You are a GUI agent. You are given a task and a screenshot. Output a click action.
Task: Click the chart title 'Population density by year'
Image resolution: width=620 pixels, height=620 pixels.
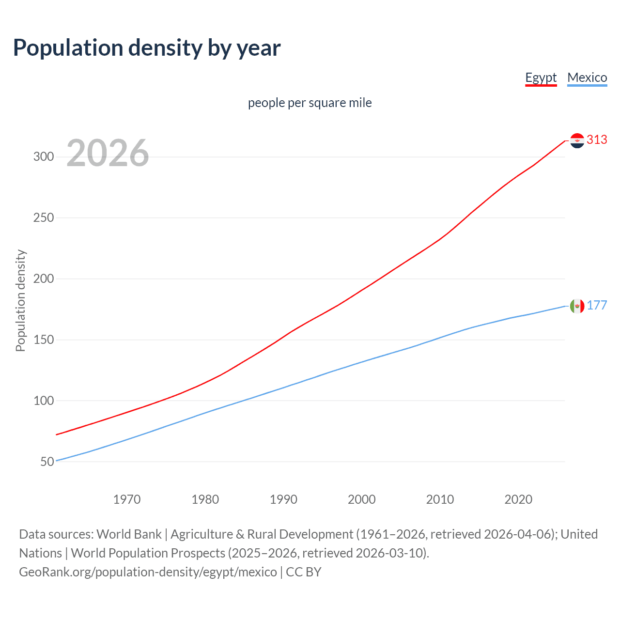point(147,48)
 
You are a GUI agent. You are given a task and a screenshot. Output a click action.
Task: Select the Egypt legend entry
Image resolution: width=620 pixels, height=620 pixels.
point(541,77)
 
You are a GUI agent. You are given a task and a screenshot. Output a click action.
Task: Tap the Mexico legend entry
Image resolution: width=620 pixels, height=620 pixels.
point(587,77)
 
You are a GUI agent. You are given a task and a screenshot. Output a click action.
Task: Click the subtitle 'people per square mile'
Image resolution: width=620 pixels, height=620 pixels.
point(310,103)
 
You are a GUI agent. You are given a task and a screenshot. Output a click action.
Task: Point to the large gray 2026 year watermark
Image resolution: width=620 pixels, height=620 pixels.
point(108,153)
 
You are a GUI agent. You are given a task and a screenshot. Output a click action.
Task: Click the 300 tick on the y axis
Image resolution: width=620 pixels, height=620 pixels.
point(44,156)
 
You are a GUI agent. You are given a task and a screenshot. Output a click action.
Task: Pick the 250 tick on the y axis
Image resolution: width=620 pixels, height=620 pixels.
point(44,217)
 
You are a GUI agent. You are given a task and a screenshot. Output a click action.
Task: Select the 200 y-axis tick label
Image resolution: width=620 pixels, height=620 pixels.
point(44,279)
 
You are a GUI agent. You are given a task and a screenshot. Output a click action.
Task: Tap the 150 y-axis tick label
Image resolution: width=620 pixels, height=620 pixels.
point(44,340)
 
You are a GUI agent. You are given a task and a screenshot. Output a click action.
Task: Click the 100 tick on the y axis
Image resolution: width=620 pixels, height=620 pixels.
point(44,401)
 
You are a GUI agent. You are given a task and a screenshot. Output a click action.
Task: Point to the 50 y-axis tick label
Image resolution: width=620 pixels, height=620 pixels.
point(47,462)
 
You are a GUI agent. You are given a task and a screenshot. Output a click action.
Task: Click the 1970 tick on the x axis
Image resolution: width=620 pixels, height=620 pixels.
point(127,499)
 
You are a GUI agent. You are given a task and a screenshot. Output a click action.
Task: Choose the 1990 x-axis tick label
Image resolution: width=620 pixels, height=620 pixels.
point(283,499)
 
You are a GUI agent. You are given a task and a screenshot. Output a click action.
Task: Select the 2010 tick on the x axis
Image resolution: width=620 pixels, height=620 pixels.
point(440,499)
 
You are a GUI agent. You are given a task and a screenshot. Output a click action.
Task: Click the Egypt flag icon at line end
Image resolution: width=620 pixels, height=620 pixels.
point(577,140)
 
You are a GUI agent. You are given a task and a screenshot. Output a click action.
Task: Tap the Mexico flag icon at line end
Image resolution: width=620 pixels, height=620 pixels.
point(577,306)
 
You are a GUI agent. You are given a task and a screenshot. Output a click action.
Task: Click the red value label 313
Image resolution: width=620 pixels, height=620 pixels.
point(597,140)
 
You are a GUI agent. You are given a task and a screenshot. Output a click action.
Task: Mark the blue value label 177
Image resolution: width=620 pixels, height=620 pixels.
point(597,306)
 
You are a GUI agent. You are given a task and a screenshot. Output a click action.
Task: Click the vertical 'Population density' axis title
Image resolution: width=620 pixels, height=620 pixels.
point(20,300)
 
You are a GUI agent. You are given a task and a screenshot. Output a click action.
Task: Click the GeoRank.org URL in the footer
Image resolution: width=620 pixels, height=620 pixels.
point(148,572)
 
